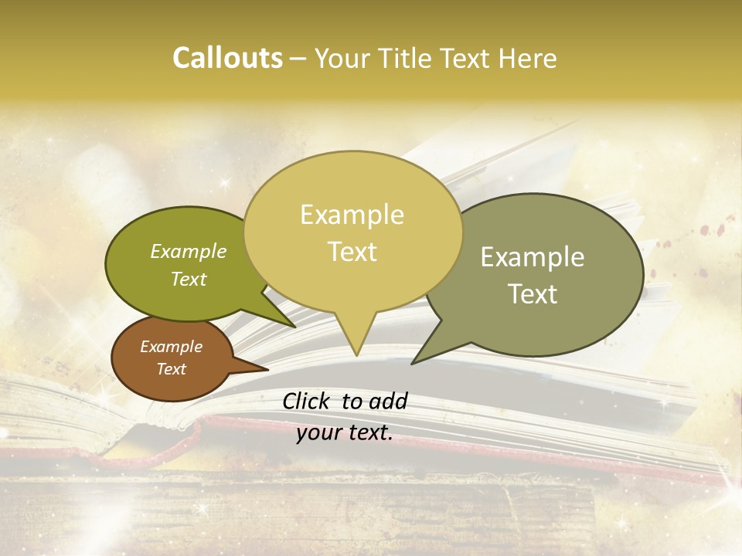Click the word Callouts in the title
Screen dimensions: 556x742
click(227, 59)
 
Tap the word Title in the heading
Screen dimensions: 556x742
click(406, 59)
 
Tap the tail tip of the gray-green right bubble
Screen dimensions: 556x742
click(414, 362)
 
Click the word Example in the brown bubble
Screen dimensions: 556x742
click(171, 347)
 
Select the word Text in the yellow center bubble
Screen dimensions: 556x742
click(352, 252)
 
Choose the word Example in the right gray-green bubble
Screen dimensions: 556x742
click(533, 257)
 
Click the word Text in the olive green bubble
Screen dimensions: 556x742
click(189, 279)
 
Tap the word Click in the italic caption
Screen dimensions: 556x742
click(308, 401)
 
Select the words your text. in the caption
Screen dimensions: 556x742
click(345, 432)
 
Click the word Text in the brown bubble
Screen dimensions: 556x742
click(171, 369)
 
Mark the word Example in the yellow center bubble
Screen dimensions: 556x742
click(352, 214)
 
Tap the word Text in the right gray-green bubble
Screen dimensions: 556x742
click(533, 293)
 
